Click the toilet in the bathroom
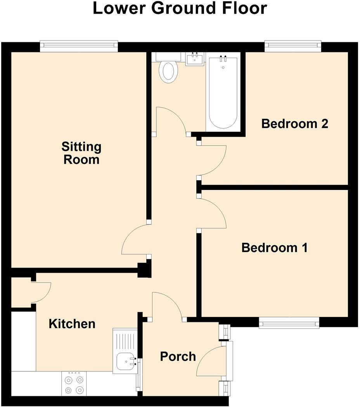[168, 70]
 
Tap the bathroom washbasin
[194, 59]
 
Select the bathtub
[223, 92]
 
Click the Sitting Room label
[81, 153]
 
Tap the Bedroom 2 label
[294, 124]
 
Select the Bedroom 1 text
[274, 247]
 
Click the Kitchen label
[72, 324]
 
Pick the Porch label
[178, 356]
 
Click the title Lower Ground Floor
[180, 9]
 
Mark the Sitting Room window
[79, 46]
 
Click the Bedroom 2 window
[293, 46]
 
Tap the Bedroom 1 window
[289, 322]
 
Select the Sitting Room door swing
[134, 243]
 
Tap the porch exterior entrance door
[211, 361]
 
